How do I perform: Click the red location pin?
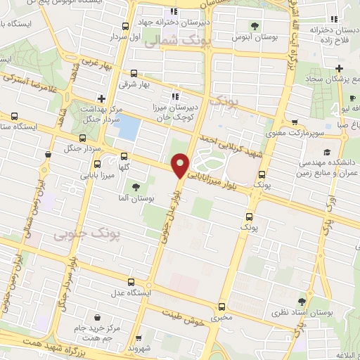180,164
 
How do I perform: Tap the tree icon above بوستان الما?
134,187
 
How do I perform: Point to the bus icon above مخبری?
221,307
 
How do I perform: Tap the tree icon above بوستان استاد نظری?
302,299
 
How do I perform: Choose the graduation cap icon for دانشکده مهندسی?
326,151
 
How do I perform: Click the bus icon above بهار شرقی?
134,72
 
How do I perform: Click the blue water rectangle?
129,128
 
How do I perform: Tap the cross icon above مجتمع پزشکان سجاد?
339,69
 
